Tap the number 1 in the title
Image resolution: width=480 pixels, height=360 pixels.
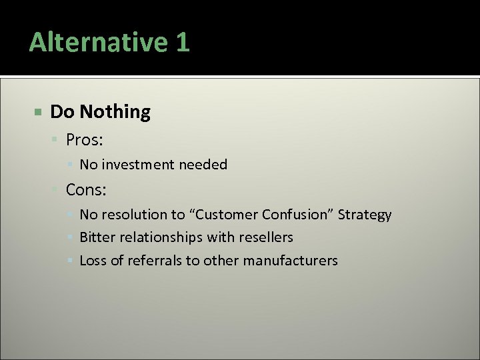pyautogui.click(x=182, y=43)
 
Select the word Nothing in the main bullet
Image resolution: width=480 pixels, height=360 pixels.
pyautogui.click(x=115, y=112)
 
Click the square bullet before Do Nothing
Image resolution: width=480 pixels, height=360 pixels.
pyautogui.click(x=39, y=111)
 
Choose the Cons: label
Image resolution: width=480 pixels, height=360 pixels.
pyautogui.click(x=86, y=190)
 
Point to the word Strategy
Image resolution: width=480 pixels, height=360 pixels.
pyautogui.click(x=365, y=215)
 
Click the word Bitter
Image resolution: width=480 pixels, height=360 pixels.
pyautogui.click(x=96, y=237)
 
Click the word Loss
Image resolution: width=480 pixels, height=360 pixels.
pyautogui.click(x=93, y=261)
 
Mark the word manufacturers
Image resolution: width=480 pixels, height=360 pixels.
pyautogui.click(x=290, y=261)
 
